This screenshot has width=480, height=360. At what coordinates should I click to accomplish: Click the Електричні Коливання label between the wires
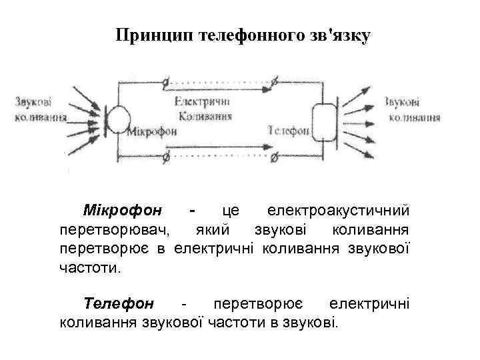(203, 108)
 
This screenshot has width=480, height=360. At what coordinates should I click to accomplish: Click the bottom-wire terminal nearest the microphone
(165, 158)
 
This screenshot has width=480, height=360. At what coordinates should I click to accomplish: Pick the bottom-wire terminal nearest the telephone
(274, 156)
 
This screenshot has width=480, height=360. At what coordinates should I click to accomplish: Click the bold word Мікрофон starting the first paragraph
(123, 211)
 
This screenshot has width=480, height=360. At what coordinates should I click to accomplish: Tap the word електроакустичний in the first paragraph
(338, 211)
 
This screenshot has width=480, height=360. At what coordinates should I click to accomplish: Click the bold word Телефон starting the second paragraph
(119, 304)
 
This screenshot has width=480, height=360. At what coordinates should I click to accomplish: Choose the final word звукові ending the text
(315, 323)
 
